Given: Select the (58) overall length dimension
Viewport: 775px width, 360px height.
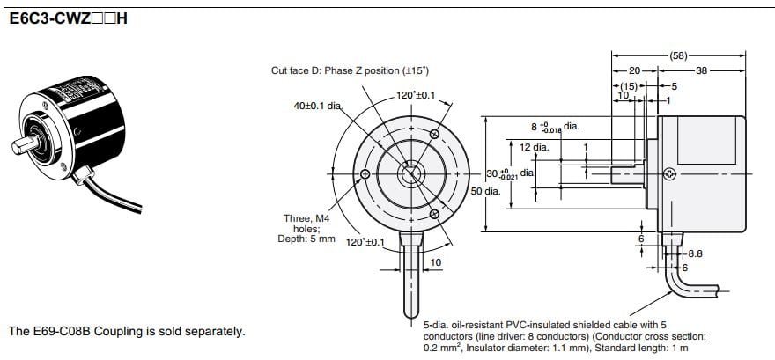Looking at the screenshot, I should [x=678, y=55].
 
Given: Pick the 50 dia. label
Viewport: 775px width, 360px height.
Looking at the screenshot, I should [x=485, y=191].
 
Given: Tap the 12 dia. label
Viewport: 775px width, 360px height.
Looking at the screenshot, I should [x=534, y=147].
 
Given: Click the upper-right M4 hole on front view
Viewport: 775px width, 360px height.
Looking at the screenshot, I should [x=435, y=133].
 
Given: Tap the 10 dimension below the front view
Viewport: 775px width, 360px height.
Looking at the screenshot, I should [x=435, y=262].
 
